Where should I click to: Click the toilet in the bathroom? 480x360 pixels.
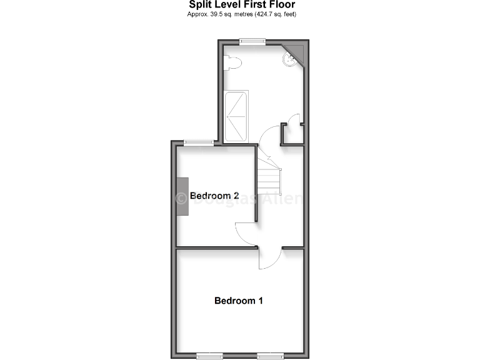pyautogui.click(x=232, y=62)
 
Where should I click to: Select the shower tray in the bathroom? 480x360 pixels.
pyautogui.click(x=236, y=116)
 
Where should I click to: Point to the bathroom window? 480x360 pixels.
pyautogui.click(x=252, y=41)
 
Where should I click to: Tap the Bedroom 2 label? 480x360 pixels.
pyautogui.click(x=214, y=196)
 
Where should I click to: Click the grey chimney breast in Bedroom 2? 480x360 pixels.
pyautogui.click(x=182, y=196)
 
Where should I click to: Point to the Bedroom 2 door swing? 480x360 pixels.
pyautogui.click(x=244, y=233)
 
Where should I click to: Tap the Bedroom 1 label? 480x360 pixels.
pyautogui.click(x=238, y=301)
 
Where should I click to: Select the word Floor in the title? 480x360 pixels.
pyautogui.click(x=282, y=4)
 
